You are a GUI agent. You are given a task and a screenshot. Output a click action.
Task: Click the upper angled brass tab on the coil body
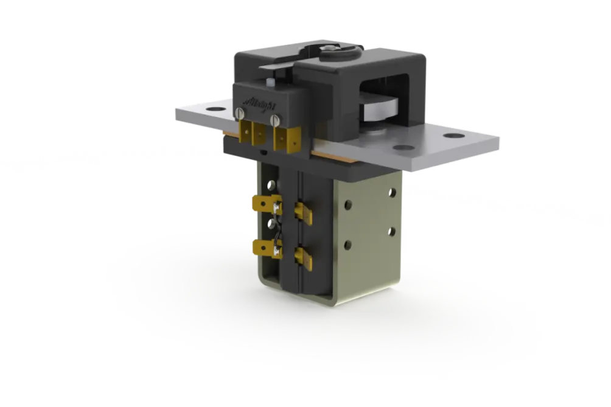(x=303, y=210)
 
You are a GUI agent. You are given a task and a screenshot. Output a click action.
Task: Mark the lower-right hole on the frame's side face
(x=390, y=231)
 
